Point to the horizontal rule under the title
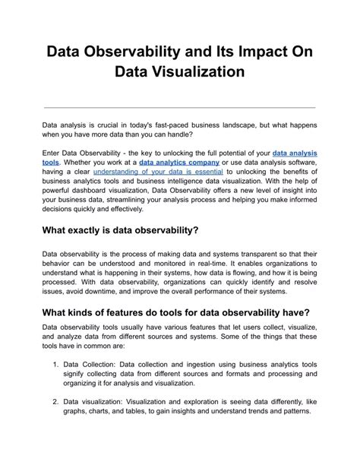coord(180,107)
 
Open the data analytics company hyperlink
coord(179,163)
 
